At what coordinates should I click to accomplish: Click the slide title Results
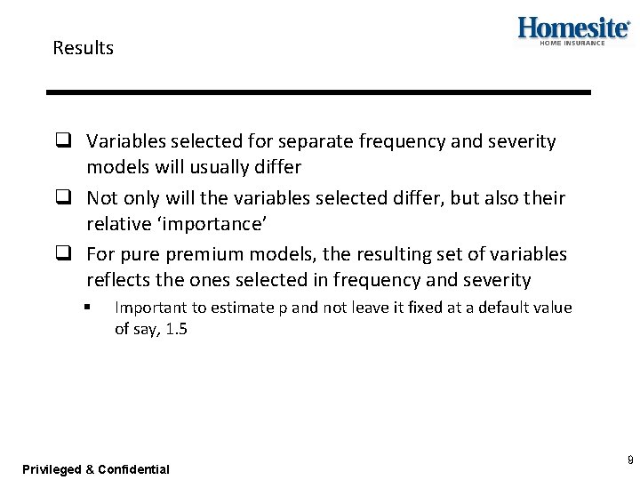[83, 48]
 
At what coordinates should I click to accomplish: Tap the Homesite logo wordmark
[573, 28]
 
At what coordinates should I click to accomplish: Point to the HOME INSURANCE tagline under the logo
[572, 43]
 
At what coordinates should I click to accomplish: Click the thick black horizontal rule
[319, 92]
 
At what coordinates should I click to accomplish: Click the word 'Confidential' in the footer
[133, 469]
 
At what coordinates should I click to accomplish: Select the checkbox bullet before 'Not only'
[63, 197]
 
